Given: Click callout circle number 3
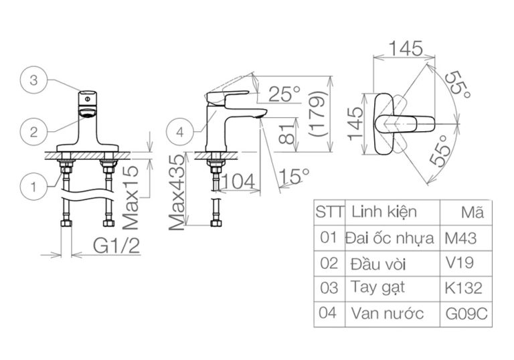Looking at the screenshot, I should point(34,81).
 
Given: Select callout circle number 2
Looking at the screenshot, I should point(34,130).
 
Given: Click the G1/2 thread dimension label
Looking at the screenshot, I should point(115,248).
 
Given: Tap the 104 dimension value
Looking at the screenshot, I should point(240,180).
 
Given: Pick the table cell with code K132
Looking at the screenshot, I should point(463,288).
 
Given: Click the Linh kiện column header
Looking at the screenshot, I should point(383,212).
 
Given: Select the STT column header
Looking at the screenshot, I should point(329,213).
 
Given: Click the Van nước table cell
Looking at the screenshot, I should point(387,313).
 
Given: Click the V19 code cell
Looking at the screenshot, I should point(458,263).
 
